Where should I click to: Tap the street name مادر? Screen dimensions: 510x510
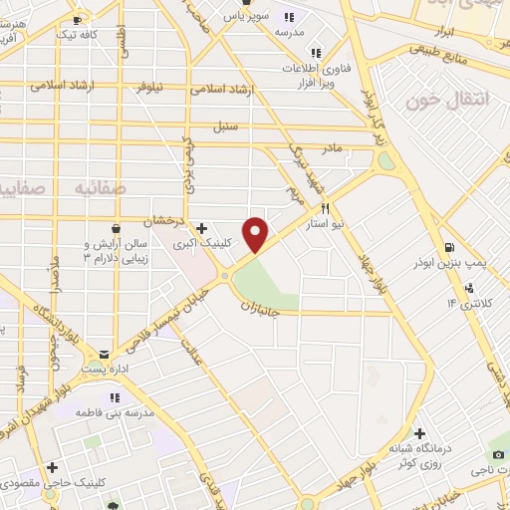coord(331,148)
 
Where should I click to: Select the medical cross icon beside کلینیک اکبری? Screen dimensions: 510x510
coord(202,228)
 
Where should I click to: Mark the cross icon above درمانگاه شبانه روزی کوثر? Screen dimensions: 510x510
coord(422,434)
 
